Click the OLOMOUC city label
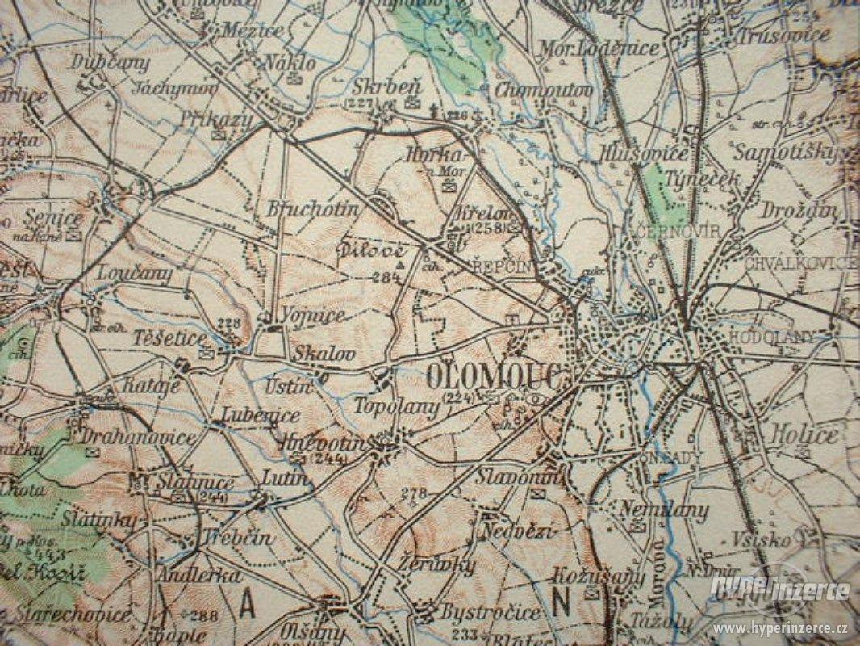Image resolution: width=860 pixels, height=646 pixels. click(x=495, y=375)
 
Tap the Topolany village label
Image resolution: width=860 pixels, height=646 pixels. click(x=397, y=406)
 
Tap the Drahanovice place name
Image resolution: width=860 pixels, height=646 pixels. click(x=139, y=438)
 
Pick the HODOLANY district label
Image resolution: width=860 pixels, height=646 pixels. click(x=770, y=337)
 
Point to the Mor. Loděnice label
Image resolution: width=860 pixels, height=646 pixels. click(x=610, y=48)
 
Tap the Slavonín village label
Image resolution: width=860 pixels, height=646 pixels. click(x=506, y=476)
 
